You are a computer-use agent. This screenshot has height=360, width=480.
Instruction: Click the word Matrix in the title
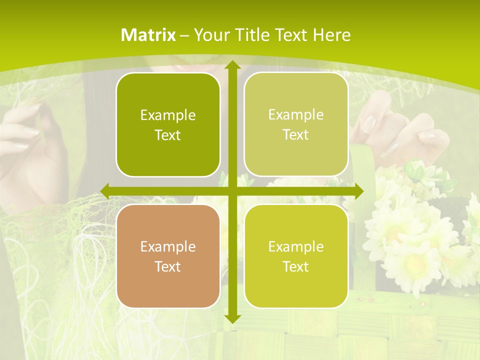(x=148, y=35)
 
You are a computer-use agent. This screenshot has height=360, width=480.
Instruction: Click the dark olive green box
(x=168, y=124)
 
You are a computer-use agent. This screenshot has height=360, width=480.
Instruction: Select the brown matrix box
(x=168, y=256)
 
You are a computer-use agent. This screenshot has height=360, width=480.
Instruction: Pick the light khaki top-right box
(x=296, y=124)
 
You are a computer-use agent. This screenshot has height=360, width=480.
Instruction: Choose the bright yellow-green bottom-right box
(x=296, y=256)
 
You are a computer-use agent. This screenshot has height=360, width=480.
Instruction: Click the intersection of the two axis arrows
(x=232, y=191)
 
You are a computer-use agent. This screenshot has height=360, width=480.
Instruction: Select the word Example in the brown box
(x=168, y=246)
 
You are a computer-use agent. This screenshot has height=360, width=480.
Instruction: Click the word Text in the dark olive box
(x=168, y=135)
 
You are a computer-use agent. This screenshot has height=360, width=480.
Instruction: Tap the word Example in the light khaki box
(x=296, y=114)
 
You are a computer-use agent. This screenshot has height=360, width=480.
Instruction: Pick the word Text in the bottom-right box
(x=296, y=266)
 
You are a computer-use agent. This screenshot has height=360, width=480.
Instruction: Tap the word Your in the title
(x=209, y=35)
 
